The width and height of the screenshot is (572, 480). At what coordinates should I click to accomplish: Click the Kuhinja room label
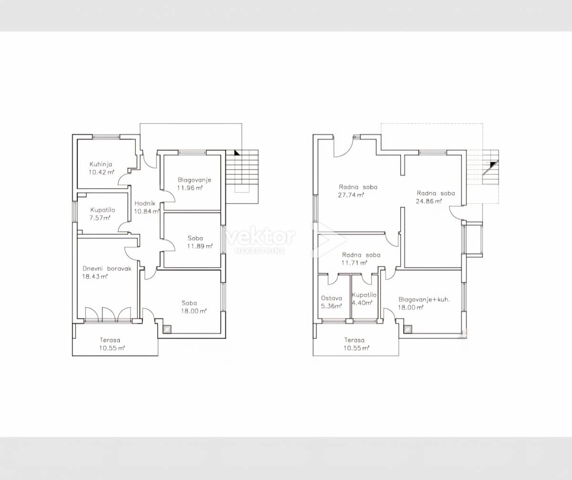click(x=101, y=164)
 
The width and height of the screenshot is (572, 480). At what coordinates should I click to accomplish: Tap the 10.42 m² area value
click(x=102, y=172)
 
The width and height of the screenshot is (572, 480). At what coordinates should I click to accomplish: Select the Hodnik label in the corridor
click(x=145, y=203)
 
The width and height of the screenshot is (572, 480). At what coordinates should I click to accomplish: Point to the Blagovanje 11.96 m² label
click(x=194, y=184)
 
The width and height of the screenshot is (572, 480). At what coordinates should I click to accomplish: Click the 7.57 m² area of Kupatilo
click(x=100, y=218)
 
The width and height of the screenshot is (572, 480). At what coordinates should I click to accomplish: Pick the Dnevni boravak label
click(x=107, y=269)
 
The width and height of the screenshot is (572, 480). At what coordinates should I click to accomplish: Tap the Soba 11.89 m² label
click(x=200, y=242)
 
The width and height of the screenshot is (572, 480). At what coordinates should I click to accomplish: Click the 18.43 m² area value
click(x=95, y=276)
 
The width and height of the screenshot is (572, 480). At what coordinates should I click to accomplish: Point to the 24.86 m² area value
click(x=429, y=201)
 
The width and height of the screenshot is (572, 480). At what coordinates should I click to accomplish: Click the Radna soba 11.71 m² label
click(x=361, y=259)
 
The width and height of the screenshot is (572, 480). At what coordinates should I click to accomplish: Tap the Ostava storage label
click(x=331, y=298)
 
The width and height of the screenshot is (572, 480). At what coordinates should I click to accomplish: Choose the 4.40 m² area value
click(x=362, y=303)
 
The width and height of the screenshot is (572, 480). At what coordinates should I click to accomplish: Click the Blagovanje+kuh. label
click(x=424, y=300)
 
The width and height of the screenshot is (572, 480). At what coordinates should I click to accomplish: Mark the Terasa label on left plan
click(x=110, y=340)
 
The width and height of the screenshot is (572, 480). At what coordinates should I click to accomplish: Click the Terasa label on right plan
click(x=355, y=340)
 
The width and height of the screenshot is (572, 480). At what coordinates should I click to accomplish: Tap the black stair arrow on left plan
click(x=237, y=153)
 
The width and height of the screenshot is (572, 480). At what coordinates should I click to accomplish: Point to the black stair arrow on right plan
click(x=493, y=164)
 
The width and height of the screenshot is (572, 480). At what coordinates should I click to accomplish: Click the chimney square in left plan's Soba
click(x=167, y=329)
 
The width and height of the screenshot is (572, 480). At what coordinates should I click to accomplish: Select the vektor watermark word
click(x=261, y=237)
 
